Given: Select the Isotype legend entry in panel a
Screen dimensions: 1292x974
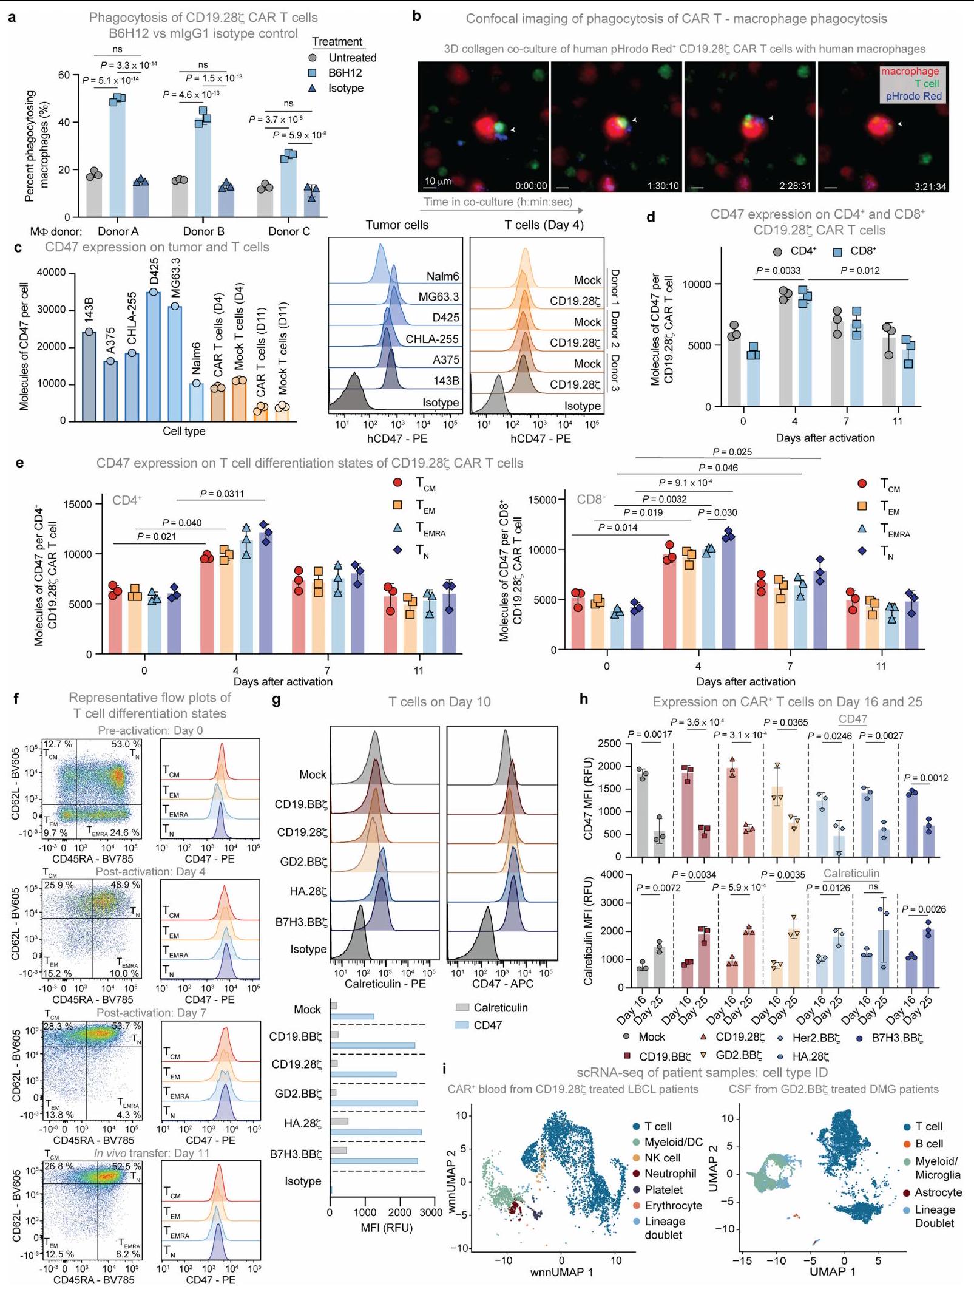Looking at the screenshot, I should click(x=345, y=89).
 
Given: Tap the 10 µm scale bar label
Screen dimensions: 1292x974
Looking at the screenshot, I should click(x=437, y=182).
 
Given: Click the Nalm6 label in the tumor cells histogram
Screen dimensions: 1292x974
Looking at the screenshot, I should click(x=442, y=277).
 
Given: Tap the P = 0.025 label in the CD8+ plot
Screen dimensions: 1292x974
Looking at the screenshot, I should click(x=732, y=452).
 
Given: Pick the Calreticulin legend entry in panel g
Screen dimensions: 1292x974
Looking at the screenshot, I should click(x=500, y=1007).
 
